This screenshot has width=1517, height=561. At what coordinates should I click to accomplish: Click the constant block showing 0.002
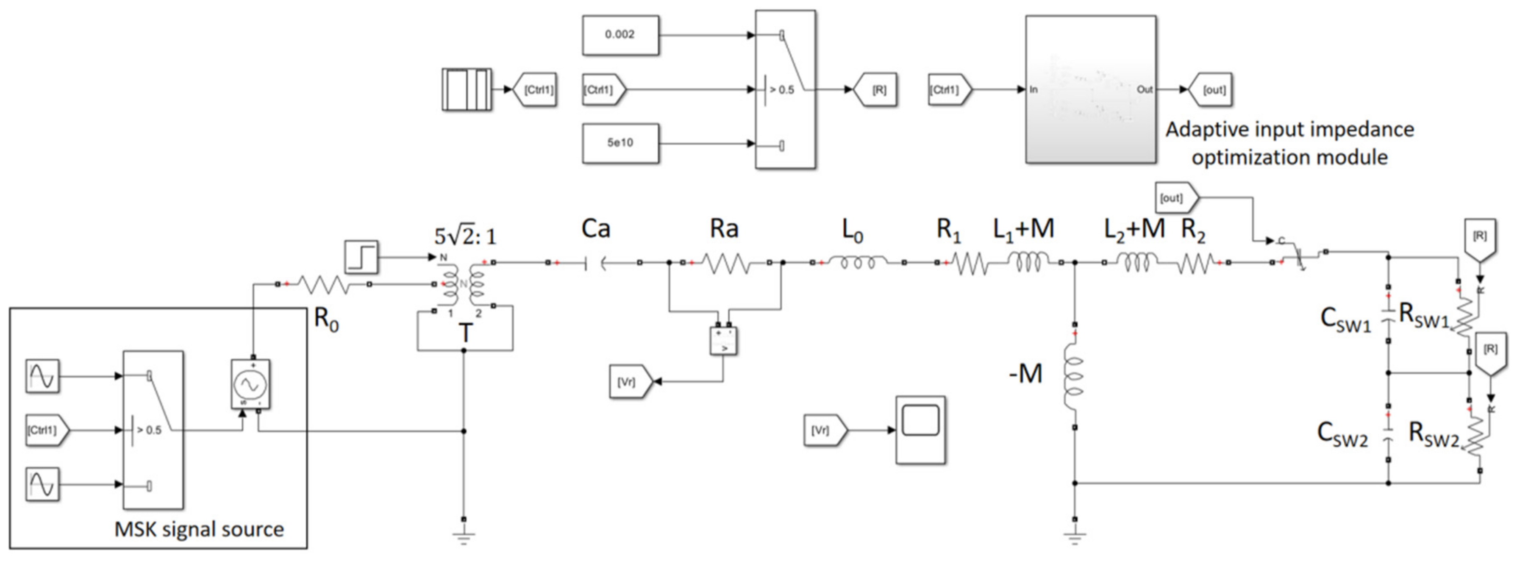[x=620, y=35]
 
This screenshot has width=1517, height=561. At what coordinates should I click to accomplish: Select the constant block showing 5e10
[x=620, y=143]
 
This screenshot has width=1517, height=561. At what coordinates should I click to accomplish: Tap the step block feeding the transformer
[x=361, y=257]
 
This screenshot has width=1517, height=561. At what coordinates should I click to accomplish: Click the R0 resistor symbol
[x=323, y=286]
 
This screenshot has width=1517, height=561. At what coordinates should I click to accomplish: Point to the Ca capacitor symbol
[x=595, y=263]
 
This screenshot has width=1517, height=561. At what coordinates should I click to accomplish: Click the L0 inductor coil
[x=857, y=263]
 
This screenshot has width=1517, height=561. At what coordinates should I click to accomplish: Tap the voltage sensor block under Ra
[x=724, y=340]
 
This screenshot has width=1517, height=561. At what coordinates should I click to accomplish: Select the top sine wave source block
[x=42, y=375]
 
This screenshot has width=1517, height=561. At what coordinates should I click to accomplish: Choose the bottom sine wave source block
[x=42, y=484]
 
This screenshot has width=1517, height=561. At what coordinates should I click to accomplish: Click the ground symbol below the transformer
[x=464, y=536]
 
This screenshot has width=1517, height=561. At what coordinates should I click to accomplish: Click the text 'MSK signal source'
[x=199, y=529]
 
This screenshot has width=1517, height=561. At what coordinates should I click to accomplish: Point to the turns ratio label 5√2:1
[x=465, y=236]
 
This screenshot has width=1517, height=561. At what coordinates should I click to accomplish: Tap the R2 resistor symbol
[x=1195, y=263]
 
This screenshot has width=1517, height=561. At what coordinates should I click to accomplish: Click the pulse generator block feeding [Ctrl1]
[x=467, y=89]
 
